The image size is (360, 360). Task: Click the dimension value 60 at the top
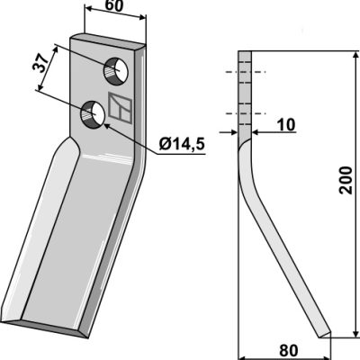[x=114, y=5]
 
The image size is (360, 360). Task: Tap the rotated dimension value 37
[x=40, y=63]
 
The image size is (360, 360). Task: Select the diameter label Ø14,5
[x=182, y=144]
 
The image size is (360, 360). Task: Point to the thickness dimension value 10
[x=286, y=125]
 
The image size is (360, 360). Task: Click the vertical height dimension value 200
[x=346, y=180]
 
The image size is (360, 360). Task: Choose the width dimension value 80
[x=289, y=350]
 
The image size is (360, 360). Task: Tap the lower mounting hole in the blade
[x=92, y=114]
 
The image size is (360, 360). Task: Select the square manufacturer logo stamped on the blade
[x=120, y=107]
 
